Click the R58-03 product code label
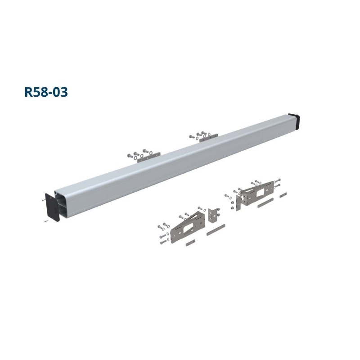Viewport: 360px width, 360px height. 46,92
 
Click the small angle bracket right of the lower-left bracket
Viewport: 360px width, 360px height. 213,216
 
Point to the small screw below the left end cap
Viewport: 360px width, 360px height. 46,221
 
